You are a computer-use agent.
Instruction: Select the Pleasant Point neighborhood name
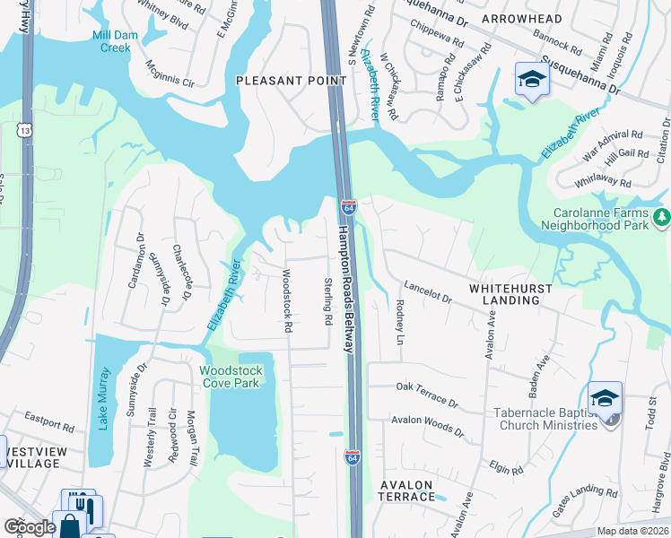[x=291, y=81]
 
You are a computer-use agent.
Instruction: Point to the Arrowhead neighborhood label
[x=519, y=18]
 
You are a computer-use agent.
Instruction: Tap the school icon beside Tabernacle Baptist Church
[x=605, y=397]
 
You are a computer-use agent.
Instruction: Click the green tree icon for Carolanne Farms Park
[x=661, y=217]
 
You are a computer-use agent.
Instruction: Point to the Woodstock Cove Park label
[x=231, y=377]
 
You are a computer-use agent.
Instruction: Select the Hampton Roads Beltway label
[x=345, y=287]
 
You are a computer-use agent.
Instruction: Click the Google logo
[x=30, y=526]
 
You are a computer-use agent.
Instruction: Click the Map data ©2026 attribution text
[x=632, y=531]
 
